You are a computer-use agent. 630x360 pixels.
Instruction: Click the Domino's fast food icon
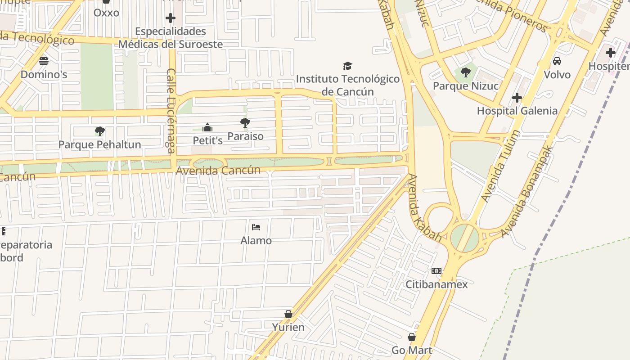click(44, 61)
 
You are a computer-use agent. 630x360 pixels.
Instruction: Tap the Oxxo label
click(106, 13)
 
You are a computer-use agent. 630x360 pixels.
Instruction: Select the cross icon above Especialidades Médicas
click(171, 18)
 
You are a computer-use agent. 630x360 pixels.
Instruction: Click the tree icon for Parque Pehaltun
click(100, 131)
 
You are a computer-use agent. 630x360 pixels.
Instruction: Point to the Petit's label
click(207, 141)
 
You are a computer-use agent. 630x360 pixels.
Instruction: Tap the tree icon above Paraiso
click(245, 122)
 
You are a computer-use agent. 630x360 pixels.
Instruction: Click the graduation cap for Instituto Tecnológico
click(347, 66)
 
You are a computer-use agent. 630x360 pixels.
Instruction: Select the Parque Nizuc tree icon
click(466, 72)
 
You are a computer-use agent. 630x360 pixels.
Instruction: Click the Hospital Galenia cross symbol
click(517, 97)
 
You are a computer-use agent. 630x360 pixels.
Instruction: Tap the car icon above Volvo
click(557, 61)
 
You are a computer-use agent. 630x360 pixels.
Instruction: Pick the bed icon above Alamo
click(256, 227)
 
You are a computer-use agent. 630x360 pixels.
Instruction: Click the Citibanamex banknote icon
click(436, 271)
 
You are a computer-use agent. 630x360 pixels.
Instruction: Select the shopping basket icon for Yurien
click(288, 314)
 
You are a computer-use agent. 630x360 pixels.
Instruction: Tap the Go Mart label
click(412, 350)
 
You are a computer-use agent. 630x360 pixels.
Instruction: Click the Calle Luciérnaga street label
click(171, 111)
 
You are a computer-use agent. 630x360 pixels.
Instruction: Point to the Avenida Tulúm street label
click(500, 166)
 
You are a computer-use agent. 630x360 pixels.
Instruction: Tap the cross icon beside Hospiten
click(610, 53)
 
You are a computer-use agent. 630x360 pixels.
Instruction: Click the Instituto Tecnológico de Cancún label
click(347, 85)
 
